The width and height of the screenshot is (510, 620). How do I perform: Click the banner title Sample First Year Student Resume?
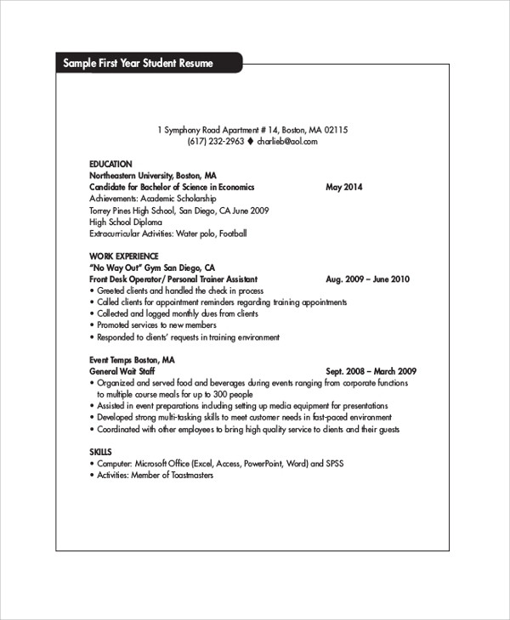pyautogui.click(x=137, y=65)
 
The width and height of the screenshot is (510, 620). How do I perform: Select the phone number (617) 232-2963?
pyautogui.click(x=216, y=142)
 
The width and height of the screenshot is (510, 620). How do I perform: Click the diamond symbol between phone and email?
pyautogui.click(x=251, y=142)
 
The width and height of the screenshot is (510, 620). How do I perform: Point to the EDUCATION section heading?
pyautogui.click(x=110, y=164)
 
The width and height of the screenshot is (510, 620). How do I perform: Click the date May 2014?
pyautogui.click(x=343, y=187)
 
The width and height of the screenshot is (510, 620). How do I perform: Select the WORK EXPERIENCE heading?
pyautogui.click(x=123, y=256)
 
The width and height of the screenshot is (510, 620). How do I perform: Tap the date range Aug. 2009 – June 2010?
pyautogui.click(x=367, y=279)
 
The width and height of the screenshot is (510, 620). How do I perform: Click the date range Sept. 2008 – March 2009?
pyautogui.click(x=371, y=371)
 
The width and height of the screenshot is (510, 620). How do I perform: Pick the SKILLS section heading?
pyautogui.click(x=100, y=452)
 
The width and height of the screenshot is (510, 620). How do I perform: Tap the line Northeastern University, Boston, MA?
pyautogui.click(x=145, y=175)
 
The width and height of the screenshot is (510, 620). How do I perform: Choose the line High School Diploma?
pyautogui.click(x=125, y=222)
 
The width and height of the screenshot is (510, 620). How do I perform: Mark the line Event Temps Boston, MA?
pyautogui.click(x=132, y=359)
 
